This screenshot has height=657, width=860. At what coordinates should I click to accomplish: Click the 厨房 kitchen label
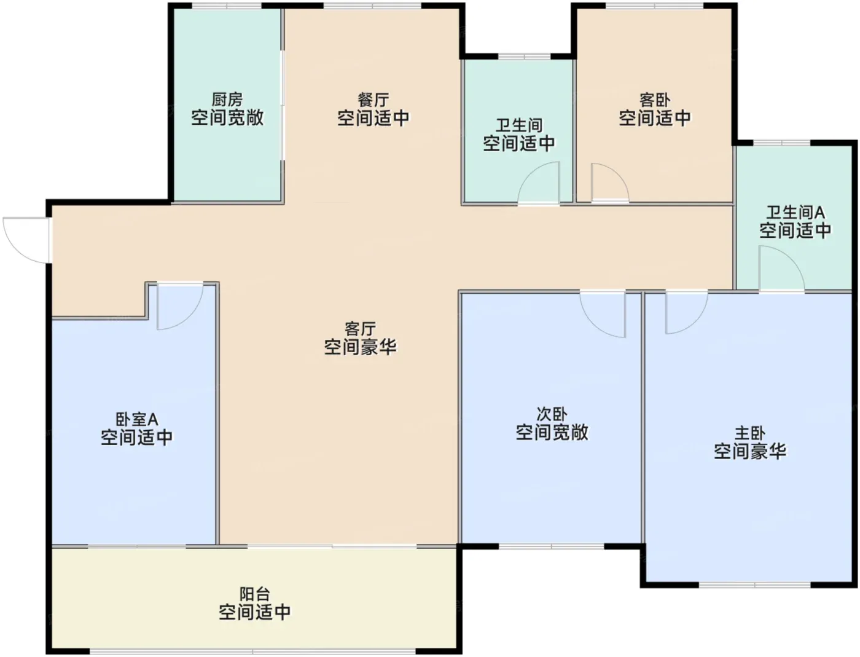click(x=227, y=100)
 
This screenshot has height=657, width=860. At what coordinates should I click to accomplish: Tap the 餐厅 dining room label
click(x=373, y=100)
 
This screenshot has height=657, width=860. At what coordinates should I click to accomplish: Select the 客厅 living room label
click(x=361, y=329)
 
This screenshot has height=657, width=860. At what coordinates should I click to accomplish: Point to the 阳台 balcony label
click(x=255, y=594)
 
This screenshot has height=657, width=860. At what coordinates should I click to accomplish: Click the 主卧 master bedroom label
click(x=750, y=433)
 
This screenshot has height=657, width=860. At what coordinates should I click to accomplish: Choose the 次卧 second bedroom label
click(x=552, y=414)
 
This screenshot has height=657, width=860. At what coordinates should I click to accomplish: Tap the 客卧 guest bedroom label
click(x=655, y=100)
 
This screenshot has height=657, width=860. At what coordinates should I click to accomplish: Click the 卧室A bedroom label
click(x=137, y=419)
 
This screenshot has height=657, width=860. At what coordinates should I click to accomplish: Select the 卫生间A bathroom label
click(x=795, y=213)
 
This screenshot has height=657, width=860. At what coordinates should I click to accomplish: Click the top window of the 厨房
click(x=227, y=6)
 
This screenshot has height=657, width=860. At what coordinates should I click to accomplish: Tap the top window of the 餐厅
click(x=372, y=6)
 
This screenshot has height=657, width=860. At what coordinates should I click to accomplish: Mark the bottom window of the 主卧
click(x=754, y=585)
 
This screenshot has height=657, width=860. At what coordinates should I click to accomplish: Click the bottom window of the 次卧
click(x=551, y=546)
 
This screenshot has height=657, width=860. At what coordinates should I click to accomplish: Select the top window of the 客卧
click(x=654, y=6)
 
